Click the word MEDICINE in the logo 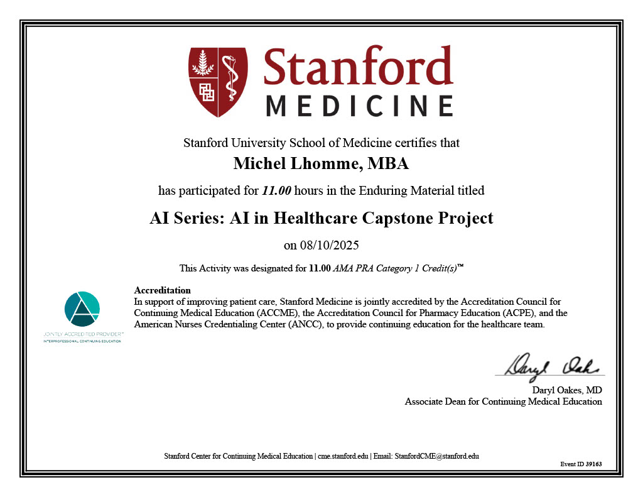359,106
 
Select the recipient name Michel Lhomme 290,165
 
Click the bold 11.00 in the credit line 320,268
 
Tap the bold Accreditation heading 163,290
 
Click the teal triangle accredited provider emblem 82,309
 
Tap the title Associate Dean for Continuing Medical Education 503,401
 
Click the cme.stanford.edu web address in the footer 343,456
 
